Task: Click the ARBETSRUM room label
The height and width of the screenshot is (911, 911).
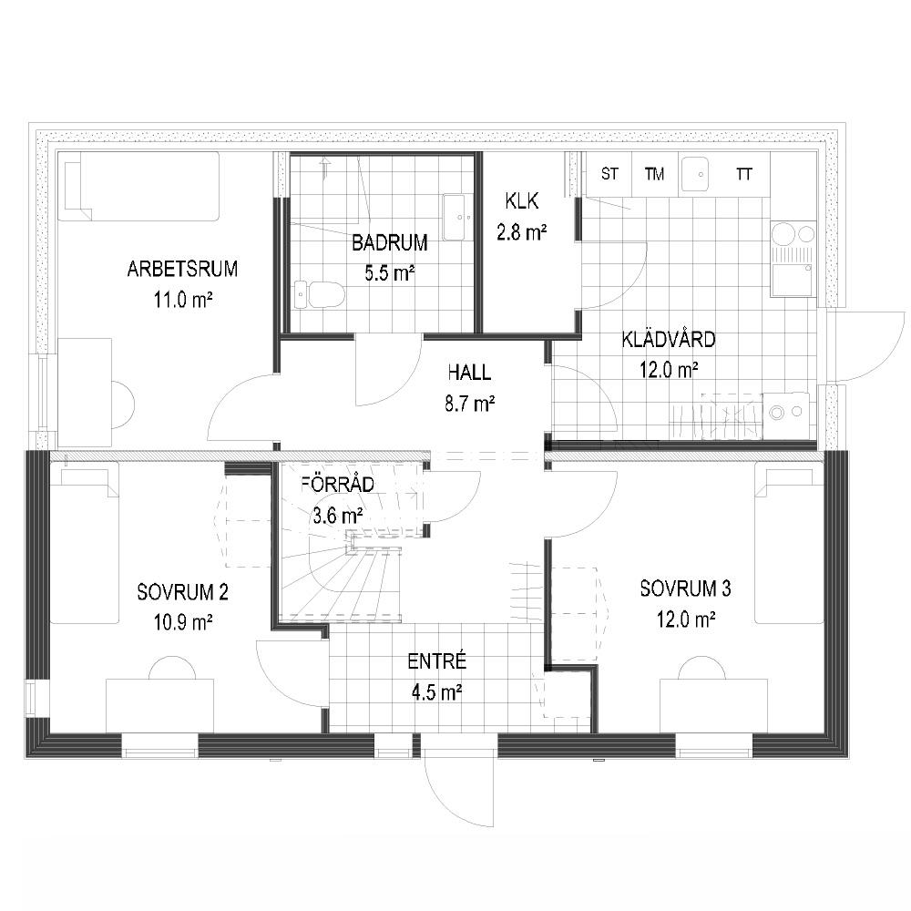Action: coord(182,270)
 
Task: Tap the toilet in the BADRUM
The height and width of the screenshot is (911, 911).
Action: coord(319,294)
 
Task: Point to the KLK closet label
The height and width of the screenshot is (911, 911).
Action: coord(522,201)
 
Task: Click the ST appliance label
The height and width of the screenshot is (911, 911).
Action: coord(609,174)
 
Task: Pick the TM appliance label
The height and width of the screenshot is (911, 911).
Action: coord(654,174)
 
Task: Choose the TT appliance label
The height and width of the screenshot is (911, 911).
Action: coord(743,174)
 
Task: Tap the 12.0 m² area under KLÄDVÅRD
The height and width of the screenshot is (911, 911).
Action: coord(669,370)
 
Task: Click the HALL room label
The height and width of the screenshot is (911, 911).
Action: coord(469,373)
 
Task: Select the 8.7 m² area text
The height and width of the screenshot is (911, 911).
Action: coord(469,404)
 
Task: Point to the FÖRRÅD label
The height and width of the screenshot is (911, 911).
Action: coord(338,485)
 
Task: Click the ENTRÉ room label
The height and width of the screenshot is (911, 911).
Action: coord(437,661)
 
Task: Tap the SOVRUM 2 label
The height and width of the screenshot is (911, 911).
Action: coord(182,592)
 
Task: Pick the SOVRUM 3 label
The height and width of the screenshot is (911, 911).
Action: coord(686,589)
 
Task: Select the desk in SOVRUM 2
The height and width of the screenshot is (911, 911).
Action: coord(159,705)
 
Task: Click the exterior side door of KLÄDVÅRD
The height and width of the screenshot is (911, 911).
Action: coord(865,345)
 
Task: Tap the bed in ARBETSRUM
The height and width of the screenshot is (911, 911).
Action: coord(138,187)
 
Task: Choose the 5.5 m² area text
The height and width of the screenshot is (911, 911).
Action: coord(390,273)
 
